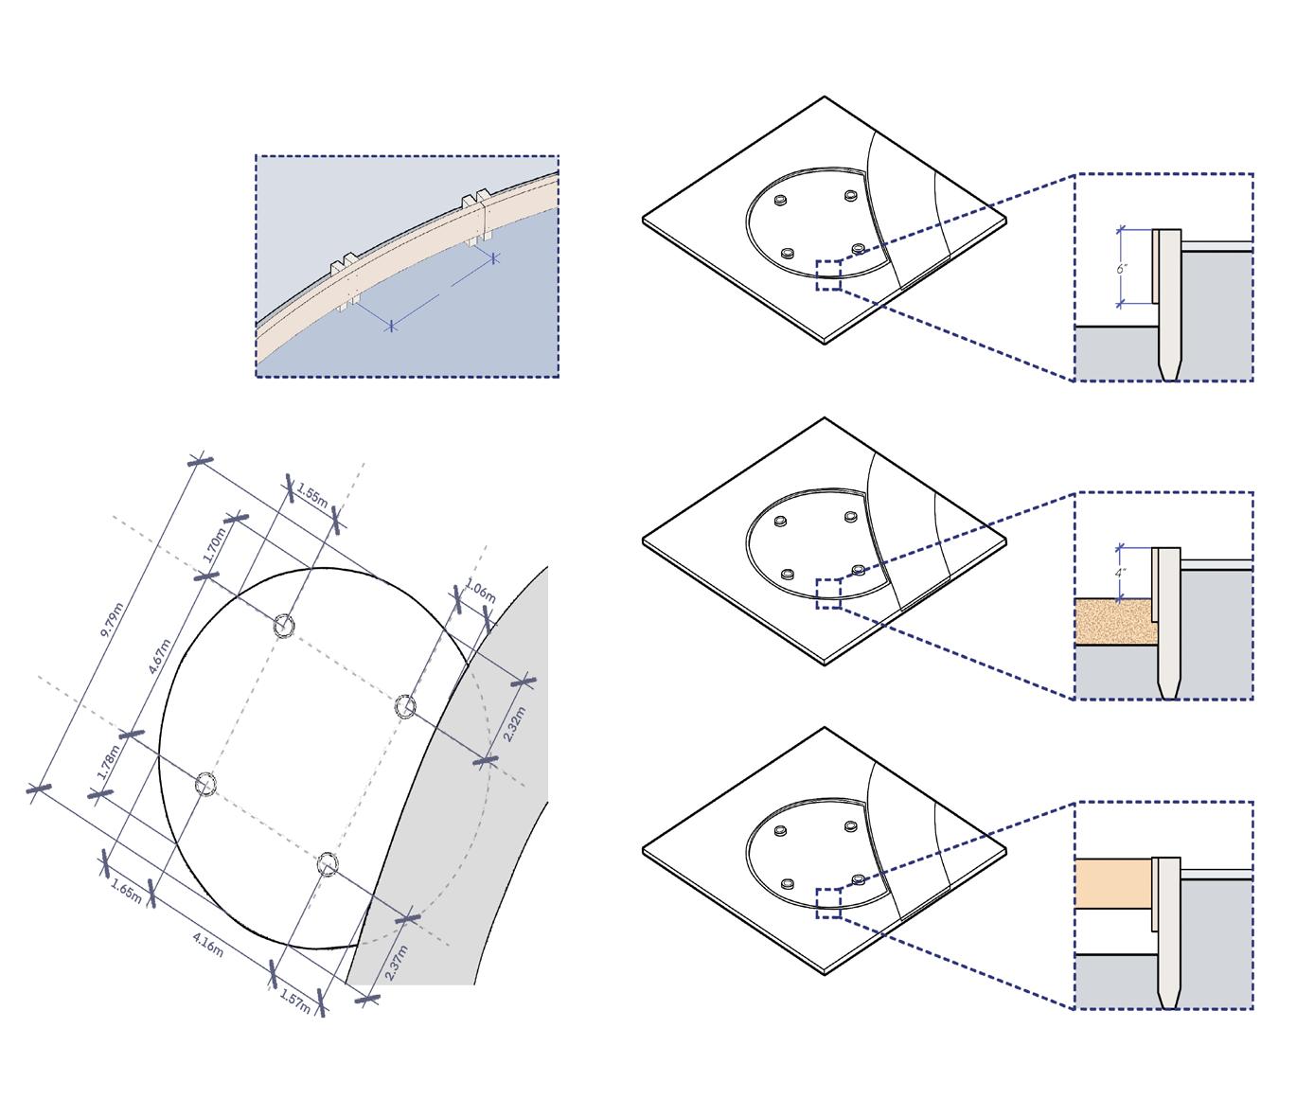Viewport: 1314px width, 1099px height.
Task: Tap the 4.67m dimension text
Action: click(160, 657)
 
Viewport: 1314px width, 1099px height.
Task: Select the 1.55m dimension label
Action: click(312, 495)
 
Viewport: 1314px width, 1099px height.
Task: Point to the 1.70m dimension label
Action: click(215, 545)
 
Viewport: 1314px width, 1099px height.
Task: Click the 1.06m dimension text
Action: click(480, 591)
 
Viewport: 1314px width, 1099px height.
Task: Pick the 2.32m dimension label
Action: click(515, 724)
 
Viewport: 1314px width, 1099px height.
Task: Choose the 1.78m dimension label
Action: click(108, 762)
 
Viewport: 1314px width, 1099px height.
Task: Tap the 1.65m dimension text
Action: click(127, 891)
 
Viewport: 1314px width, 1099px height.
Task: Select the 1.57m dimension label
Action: click(295, 1002)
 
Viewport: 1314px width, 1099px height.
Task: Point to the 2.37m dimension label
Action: click(397, 963)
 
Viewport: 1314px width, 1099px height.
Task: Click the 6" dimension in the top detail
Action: click(1122, 269)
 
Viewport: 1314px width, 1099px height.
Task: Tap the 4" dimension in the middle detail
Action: click(1120, 573)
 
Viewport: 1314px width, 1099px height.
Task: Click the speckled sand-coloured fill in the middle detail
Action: click(1115, 621)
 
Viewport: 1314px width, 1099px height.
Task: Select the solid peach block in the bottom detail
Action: click(1113, 884)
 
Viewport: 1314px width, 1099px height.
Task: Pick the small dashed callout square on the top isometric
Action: click(828, 275)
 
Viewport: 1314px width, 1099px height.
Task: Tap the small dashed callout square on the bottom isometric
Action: click(828, 903)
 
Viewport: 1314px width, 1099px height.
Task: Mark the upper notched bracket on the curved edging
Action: click(476, 217)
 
